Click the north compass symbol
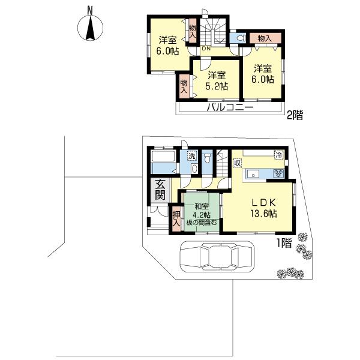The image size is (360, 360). pos(90,26)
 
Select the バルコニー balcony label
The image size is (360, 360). pos(230,108)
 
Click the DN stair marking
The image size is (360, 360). pos(206,49)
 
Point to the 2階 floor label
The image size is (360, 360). pos(294,115)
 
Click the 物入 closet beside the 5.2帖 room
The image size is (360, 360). pos(184,85)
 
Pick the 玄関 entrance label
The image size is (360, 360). pos(160,190)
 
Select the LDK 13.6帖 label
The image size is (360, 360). pos(263,208)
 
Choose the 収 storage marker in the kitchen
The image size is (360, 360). pos(238,163)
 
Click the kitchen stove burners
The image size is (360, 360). pos(278,173)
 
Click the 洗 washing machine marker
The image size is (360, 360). pos(191,156)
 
